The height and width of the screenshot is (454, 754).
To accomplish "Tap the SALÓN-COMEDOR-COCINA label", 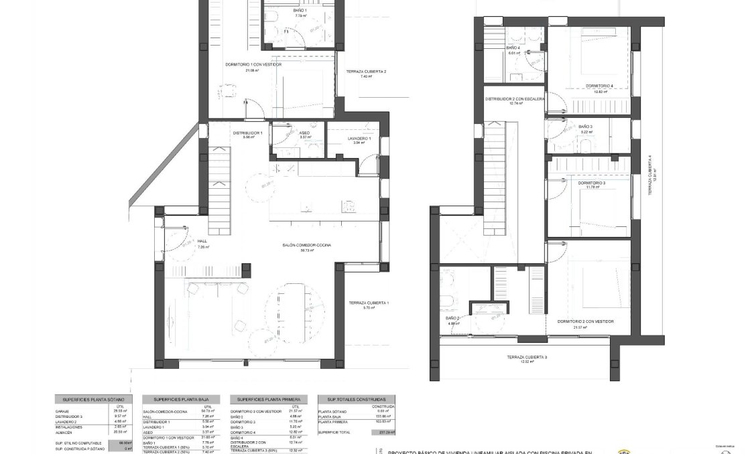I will click(307, 245).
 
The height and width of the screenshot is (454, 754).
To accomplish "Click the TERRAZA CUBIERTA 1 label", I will click(369, 303).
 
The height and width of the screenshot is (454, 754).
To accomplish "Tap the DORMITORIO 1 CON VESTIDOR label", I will click(253, 65).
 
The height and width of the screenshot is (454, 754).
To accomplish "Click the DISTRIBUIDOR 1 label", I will click(247, 133).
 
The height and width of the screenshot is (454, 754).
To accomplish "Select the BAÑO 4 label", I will click(513, 48).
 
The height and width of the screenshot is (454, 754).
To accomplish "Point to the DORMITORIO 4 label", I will click(599, 86).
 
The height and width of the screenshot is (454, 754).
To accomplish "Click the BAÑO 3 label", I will click(586, 127).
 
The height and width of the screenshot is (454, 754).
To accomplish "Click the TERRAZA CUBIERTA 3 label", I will click(527, 358).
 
